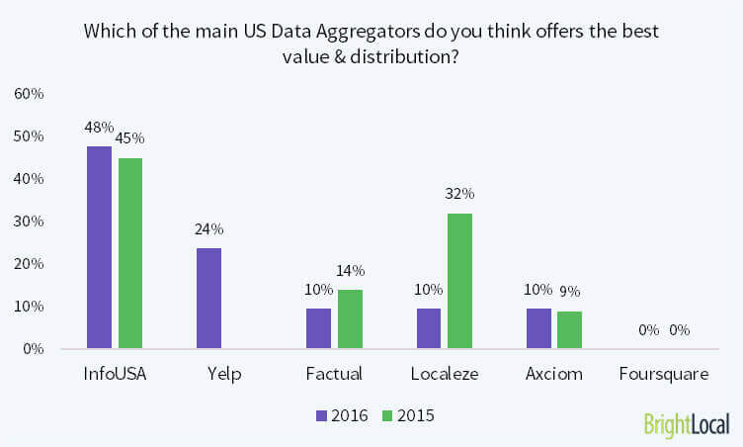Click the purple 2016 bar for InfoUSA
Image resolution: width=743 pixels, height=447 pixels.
[99, 247]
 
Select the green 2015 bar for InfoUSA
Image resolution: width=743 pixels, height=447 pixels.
[129, 253]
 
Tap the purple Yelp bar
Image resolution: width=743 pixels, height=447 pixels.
[208, 298]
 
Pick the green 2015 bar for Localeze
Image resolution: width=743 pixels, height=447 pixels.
[459, 281]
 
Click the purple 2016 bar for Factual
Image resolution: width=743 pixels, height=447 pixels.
[319, 327]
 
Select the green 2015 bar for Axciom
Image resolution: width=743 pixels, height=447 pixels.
[569, 329]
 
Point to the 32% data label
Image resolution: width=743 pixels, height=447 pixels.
[460, 194]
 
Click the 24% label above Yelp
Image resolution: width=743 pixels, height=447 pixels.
[208, 228]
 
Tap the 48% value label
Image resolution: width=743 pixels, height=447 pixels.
[99, 128]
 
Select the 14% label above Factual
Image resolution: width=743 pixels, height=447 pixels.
[350, 270]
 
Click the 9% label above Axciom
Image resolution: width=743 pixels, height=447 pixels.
[570, 292]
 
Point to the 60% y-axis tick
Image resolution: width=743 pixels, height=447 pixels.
[28, 94]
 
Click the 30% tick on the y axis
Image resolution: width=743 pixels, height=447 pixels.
[28, 222]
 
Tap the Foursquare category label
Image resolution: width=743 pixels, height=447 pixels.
[663, 374]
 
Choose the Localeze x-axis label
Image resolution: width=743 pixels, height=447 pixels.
[444, 374]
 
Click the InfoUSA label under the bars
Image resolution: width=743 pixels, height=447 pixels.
[114, 374]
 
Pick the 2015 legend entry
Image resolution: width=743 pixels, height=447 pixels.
[410, 416]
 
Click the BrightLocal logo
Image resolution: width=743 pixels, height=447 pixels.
[686, 424]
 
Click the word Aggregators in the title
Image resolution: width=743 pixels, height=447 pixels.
[342, 30]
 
